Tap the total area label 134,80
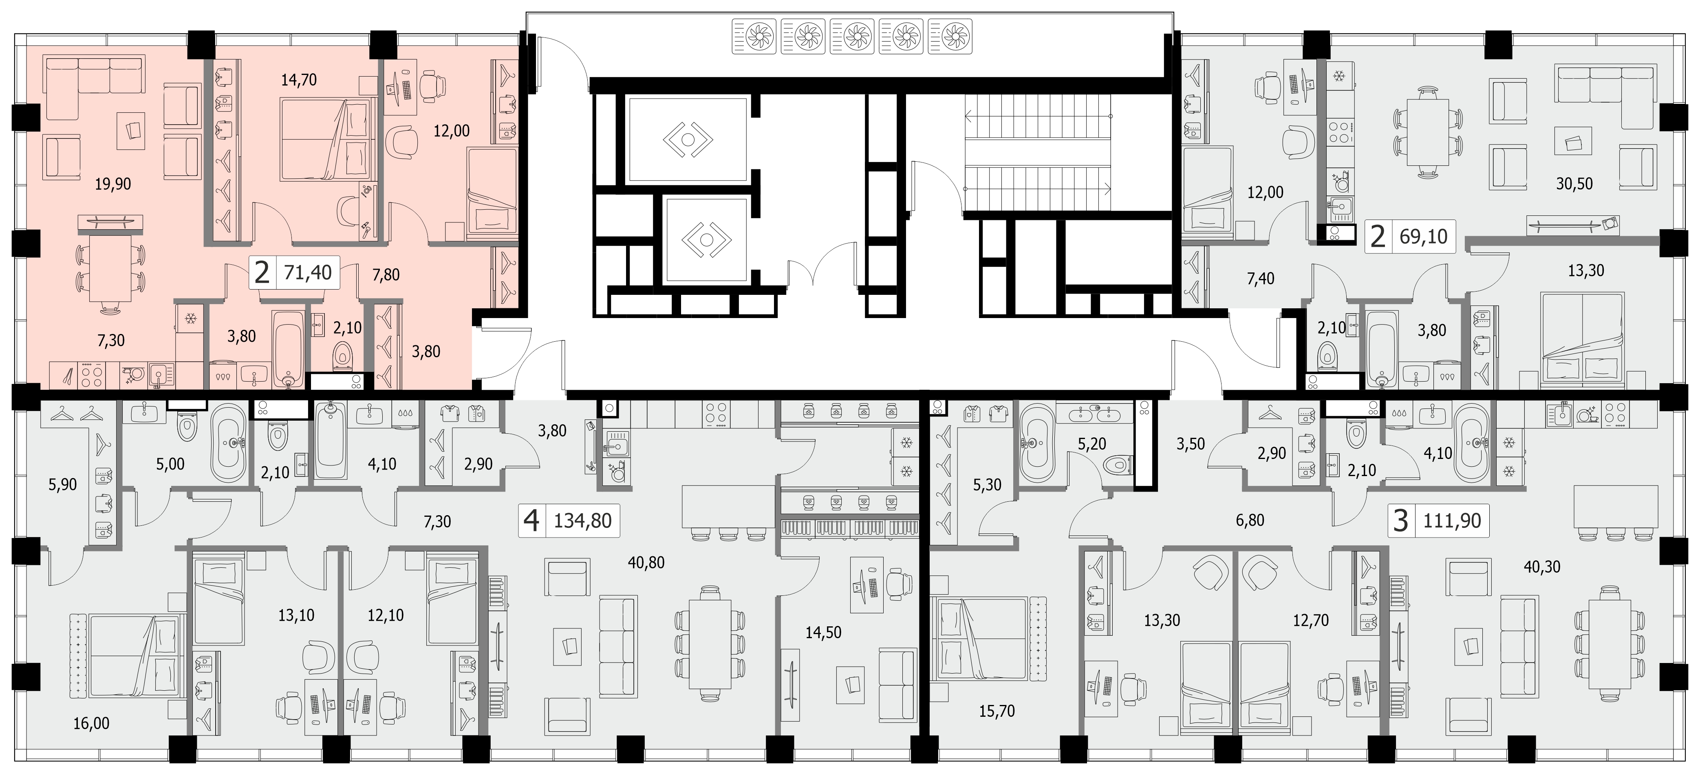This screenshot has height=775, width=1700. click(583, 520)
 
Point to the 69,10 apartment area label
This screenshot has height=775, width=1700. click(1424, 236)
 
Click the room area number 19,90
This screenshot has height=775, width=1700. click(113, 184)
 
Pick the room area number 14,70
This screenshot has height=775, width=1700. click(299, 80)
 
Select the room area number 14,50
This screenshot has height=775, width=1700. click(823, 632)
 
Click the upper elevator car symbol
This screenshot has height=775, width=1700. click(688, 139)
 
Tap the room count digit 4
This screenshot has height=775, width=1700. click(531, 520)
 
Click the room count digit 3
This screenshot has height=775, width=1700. click(1400, 520)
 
